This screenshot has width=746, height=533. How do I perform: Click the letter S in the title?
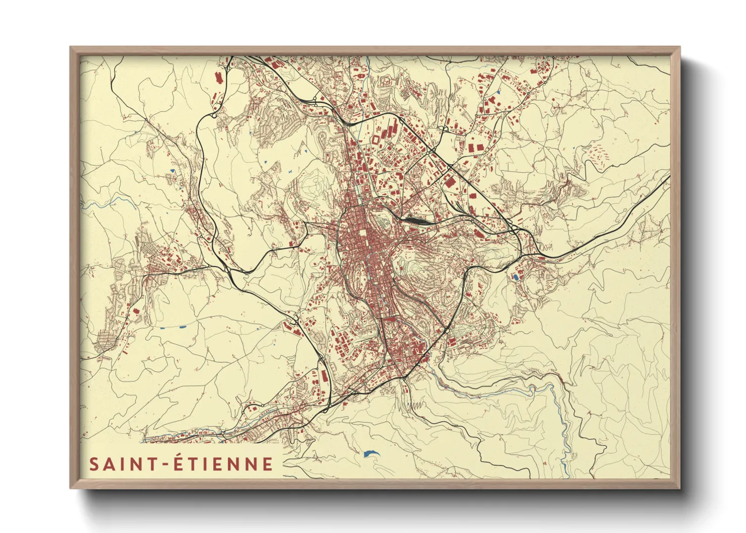point(94,464)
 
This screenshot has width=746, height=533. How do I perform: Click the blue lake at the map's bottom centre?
point(370,453)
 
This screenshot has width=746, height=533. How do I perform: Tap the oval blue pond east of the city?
point(515,277)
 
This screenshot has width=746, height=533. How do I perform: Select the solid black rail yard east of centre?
point(417,220)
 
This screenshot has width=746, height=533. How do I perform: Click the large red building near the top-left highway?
point(218,79)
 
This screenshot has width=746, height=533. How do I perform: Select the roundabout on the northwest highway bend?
point(214,115)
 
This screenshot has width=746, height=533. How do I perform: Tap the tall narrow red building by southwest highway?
point(324,376)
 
